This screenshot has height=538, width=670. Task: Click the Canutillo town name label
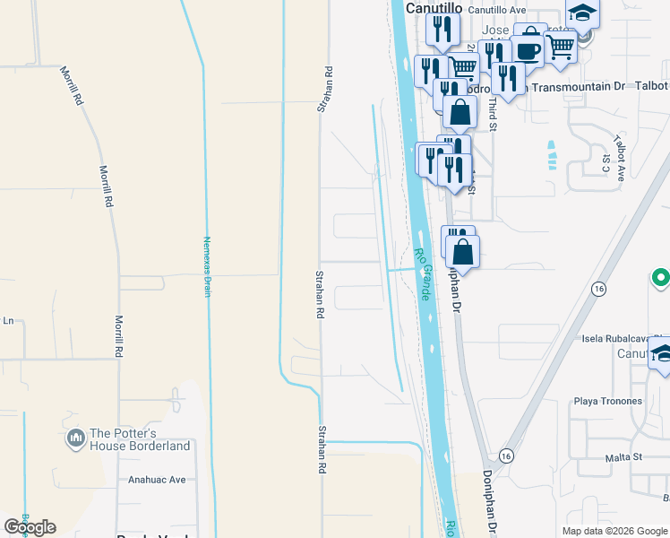434,7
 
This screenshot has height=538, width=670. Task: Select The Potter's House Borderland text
140,439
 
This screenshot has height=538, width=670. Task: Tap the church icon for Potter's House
74,439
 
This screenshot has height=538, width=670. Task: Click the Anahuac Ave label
157,480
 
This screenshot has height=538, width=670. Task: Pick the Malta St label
623,456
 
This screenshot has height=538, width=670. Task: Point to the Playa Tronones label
608,401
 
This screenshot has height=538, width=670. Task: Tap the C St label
606,163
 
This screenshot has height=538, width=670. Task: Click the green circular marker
662,278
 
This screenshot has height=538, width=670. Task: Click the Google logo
30,527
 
